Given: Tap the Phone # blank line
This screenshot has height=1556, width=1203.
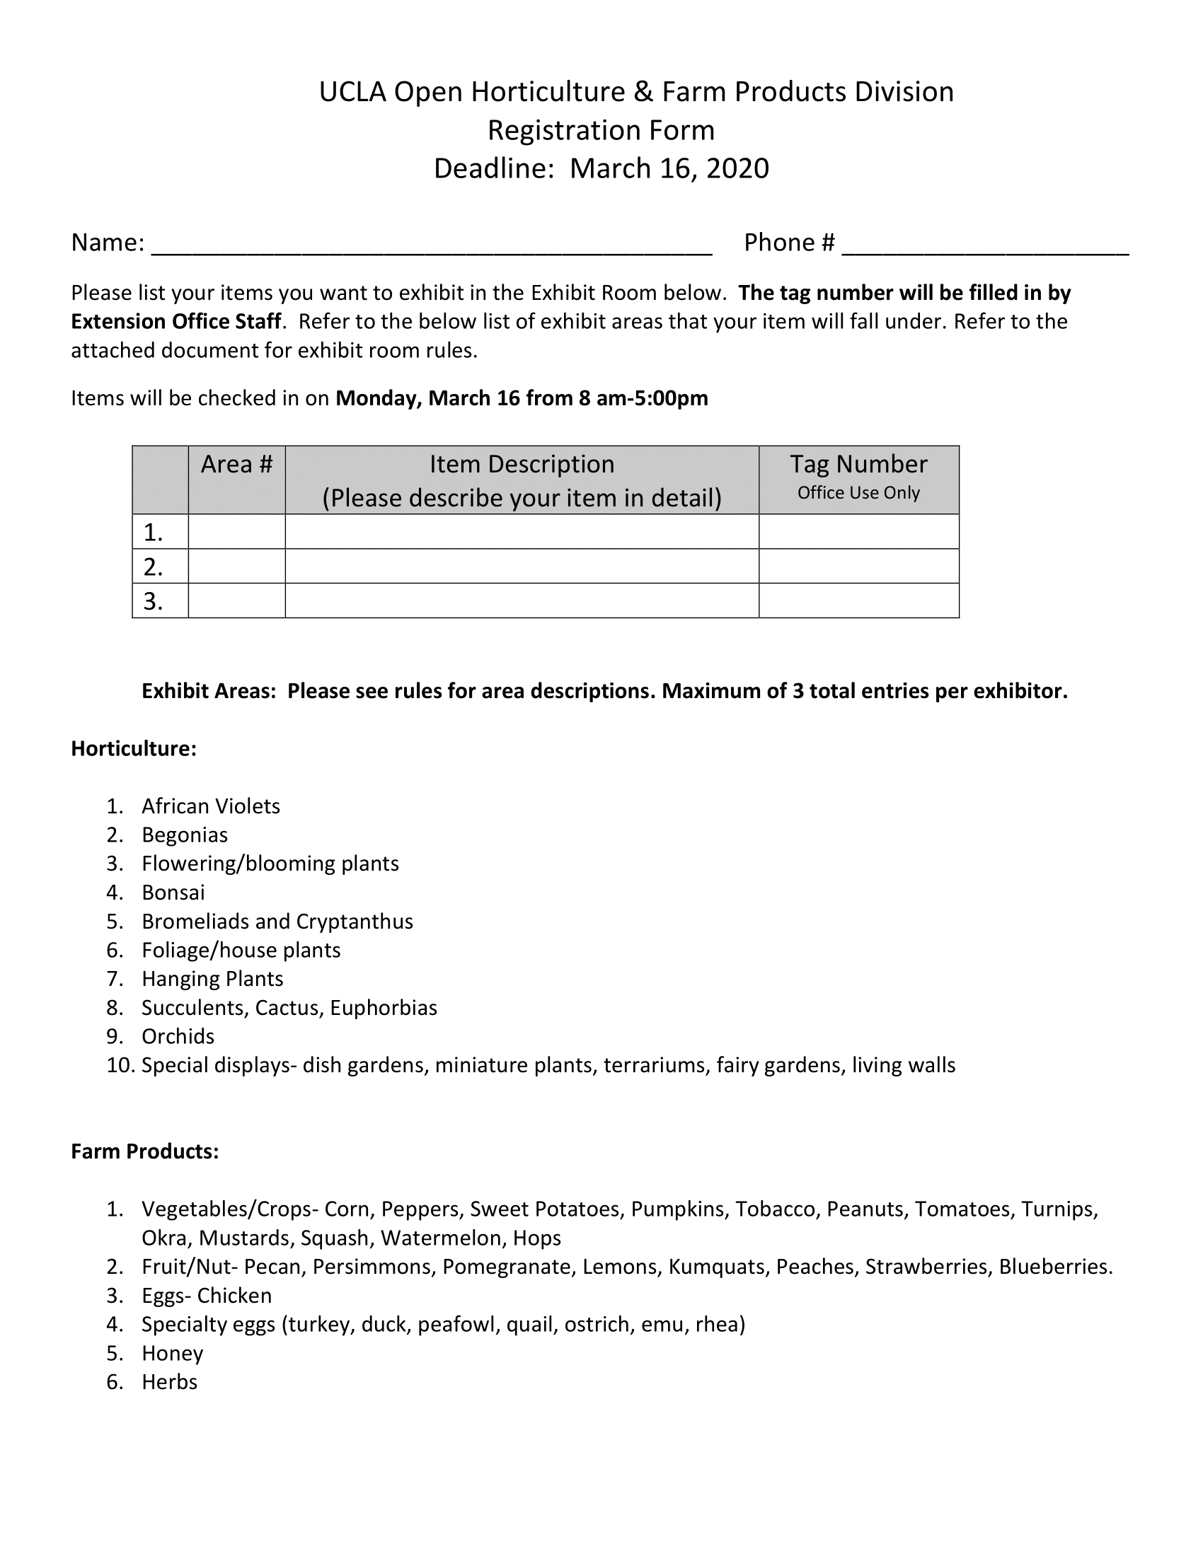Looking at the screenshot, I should tap(985, 246).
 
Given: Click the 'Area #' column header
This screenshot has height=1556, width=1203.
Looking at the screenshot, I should tap(236, 465).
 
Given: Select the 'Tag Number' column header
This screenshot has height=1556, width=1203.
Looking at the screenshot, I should tap(858, 465).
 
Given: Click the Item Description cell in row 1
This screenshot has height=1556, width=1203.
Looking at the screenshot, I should tap(522, 531).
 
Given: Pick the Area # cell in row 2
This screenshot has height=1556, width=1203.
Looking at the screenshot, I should tap(236, 567).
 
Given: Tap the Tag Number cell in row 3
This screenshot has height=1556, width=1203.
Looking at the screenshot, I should tap(858, 600).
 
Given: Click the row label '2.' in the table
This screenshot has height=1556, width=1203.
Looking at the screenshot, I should tap(154, 567).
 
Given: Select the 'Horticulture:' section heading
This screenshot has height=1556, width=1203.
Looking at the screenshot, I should tap(133, 749).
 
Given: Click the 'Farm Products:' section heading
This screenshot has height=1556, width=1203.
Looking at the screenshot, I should tap(144, 1151).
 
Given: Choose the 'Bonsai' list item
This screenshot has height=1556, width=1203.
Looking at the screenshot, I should tap(173, 893).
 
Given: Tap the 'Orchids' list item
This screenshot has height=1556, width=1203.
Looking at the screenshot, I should tap(178, 1037).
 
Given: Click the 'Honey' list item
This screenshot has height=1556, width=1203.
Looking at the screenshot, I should tap(173, 1353).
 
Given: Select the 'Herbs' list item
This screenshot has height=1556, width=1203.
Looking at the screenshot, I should tap(170, 1382).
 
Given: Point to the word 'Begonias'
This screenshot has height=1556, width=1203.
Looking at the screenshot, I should tap(185, 835).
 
